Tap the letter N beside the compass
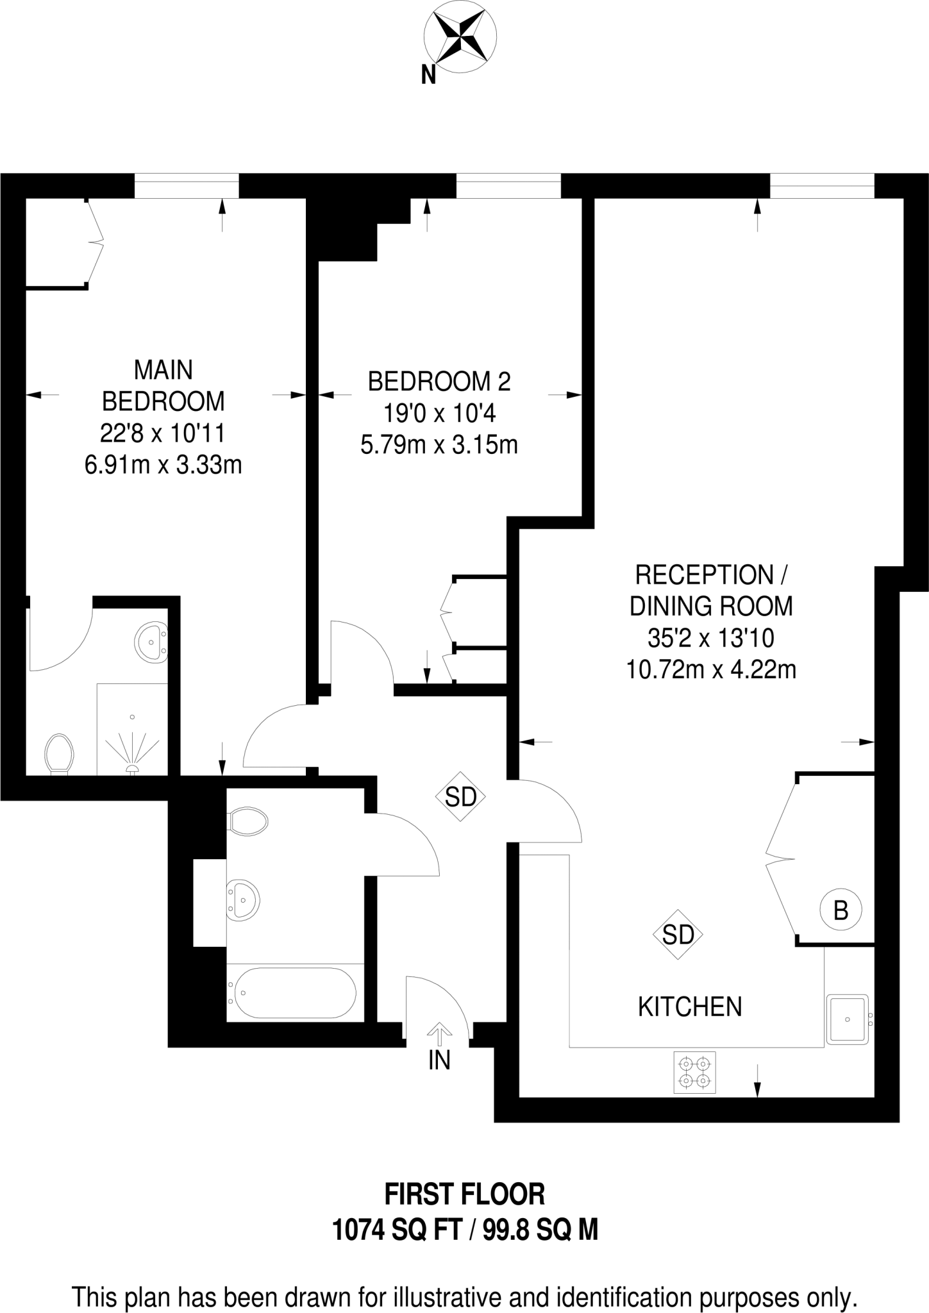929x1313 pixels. coord(428,76)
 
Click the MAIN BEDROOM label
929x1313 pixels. coord(163,385)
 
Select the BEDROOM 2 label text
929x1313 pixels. coord(439,382)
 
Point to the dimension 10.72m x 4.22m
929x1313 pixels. coord(711,670)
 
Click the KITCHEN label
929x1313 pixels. coord(690,1007)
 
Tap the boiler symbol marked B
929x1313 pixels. coord(841,910)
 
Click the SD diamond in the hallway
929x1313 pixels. coord(460,796)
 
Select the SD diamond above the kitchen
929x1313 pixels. coord(678,935)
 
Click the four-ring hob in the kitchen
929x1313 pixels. coord(695,1073)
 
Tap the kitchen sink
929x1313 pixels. coord(848,1019)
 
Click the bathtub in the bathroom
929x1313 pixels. coord(295,992)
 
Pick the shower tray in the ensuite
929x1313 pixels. coord(132,729)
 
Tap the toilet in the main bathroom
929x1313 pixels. coord(247,821)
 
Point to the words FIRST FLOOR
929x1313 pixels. coord(465,1194)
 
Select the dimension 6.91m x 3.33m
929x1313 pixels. coord(163,464)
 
